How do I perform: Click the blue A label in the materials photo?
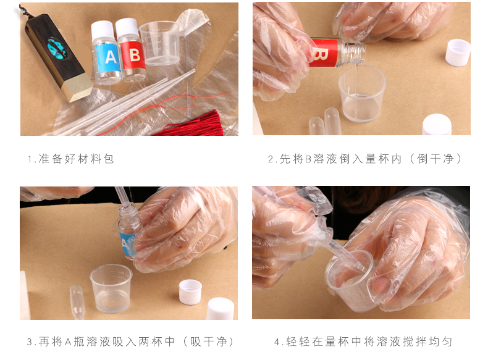pyautogui.click(x=108, y=57)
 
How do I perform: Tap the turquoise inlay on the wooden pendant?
pyautogui.click(x=57, y=49)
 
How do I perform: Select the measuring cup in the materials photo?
pyautogui.click(x=160, y=43)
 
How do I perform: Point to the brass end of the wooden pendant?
pyautogui.click(x=77, y=88)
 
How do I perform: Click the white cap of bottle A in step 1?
pyautogui.click(x=103, y=30)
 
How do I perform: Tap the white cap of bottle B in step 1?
pyautogui.click(x=127, y=27)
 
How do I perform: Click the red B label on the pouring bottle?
pyautogui.click(x=324, y=52)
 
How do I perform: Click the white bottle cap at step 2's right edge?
pyautogui.click(x=458, y=52)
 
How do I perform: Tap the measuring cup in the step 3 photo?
pyautogui.click(x=111, y=288)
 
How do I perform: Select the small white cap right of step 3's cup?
pyautogui.click(x=190, y=292)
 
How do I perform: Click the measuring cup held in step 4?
pyautogui.click(x=350, y=281)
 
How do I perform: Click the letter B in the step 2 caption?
pyautogui.click(x=308, y=159)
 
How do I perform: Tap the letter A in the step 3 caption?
pyautogui.click(x=68, y=342)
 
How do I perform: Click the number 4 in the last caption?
pyautogui.click(x=277, y=342)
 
